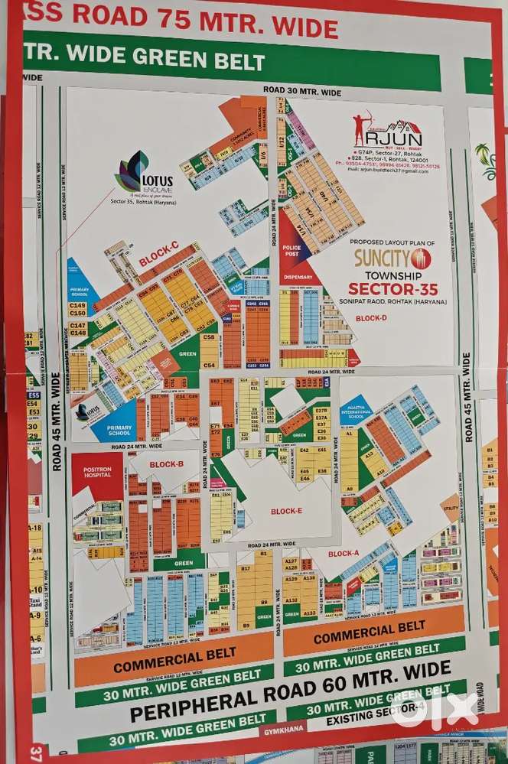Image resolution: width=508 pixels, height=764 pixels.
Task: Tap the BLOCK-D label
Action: (x=371, y=317)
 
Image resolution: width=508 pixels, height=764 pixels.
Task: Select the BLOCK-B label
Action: (x=166, y=464)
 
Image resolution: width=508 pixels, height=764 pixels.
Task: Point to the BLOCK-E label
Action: (x=286, y=511)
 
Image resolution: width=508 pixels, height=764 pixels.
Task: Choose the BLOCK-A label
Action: (x=344, y=553)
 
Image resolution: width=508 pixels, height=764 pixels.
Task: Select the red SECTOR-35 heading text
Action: (x=389, y=288)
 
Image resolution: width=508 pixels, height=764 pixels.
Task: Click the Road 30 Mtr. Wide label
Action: (x=302, y=91)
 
